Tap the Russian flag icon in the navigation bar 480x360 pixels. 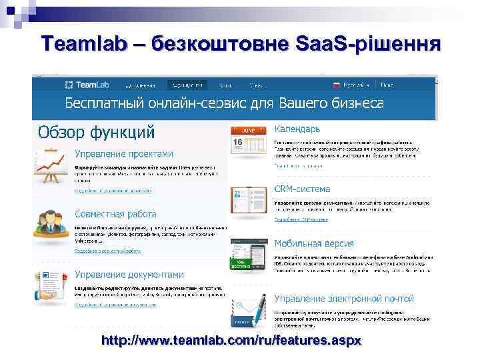coord(337,85)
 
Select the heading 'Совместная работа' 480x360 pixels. coord(115,214)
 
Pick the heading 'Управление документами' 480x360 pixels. coord(129,274)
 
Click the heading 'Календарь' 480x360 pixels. coord(297,128)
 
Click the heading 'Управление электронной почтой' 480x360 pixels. coord(344,298)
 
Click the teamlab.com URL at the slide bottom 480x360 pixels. coord(231,341)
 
